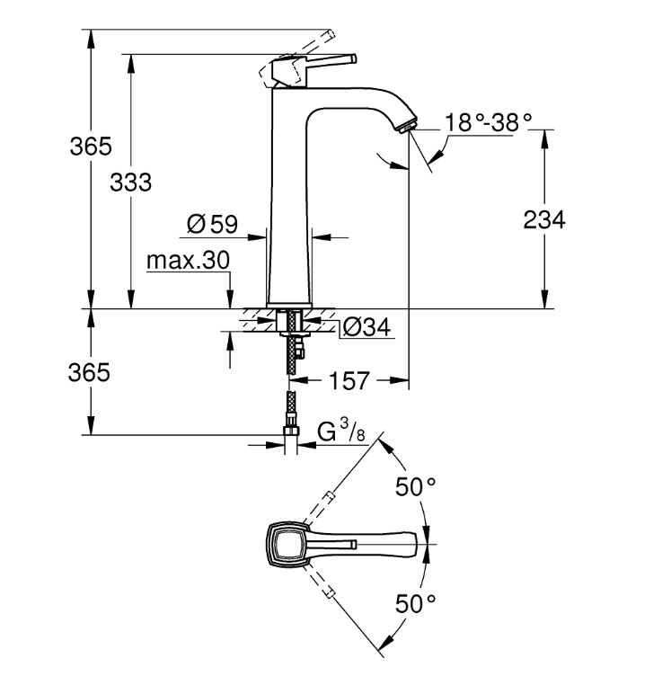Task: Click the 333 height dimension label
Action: click(x=131, y=182)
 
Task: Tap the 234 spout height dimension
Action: click(x=544, y=219)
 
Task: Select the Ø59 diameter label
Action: click(x=212, y=224)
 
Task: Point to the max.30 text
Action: click(x=188, y=261)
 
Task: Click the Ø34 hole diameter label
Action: click(x=367, y=327)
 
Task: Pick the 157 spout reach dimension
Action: click(x=349, y=380)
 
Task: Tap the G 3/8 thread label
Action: click(x=342, y=431)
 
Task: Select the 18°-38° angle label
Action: click(x=488, y=121)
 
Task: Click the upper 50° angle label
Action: click(x=415, y=487)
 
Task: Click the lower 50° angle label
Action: click(x=415, y=603)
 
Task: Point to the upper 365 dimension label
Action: click(x=91, y=146)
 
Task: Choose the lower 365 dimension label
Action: click(x=89, y=372)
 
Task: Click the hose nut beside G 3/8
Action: click(x=290, y=432)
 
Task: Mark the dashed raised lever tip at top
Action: click(x=331, y=34)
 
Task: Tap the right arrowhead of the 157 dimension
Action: click(x=400, y=379)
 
